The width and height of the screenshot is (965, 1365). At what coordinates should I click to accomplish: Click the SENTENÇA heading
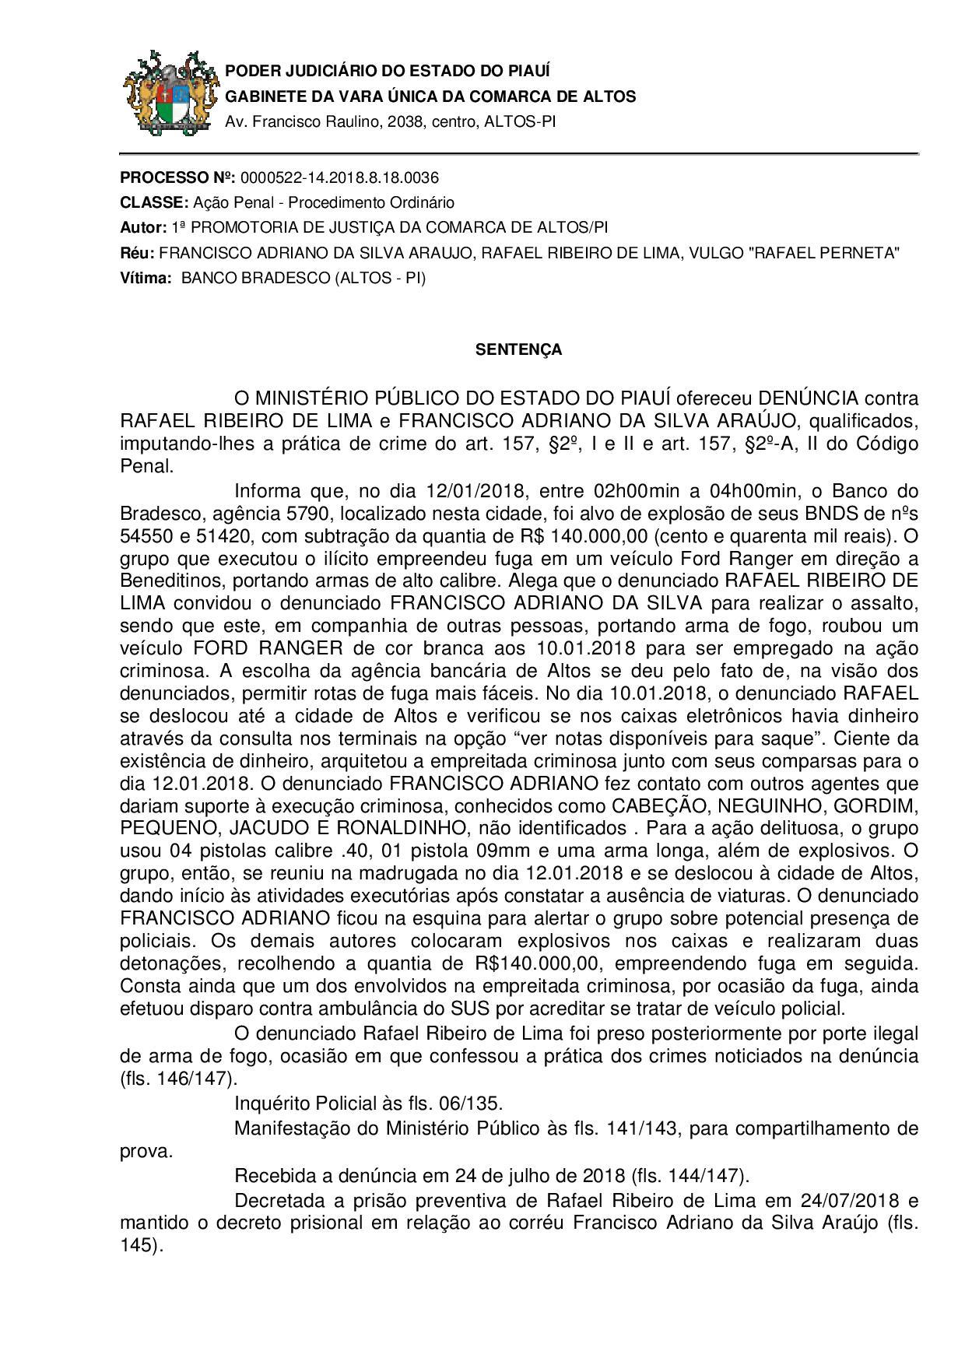tap(518, 350)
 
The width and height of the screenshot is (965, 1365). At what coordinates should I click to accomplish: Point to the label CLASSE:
tap(154, 202)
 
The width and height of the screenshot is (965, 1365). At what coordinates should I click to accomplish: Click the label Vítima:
tap(145, 278)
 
